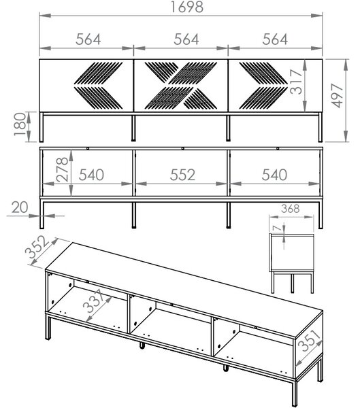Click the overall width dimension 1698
[x=186, y=7]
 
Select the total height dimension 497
[x=338, y=95]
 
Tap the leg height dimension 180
[x=20, y=124]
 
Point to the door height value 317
[x=296, y=82]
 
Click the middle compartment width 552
[x=182, y=175]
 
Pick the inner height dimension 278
[x=62, y=169]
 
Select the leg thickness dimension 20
[x=20, y=207]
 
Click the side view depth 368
[x=291, y=209]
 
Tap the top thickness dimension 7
[x=277, y=228]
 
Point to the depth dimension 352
[x=37, y=247]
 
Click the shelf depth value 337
[x=94, y=301]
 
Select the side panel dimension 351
[x=309, y=340]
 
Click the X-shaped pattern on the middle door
[x=181, y=86]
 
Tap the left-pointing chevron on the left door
[x=98, y=86]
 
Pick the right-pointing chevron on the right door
[x=263, y=86]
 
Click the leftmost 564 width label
[x=88, y=39]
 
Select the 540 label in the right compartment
[x=274, y=175]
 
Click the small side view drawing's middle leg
[x=292, y=283]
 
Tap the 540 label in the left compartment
[x=91, y=175]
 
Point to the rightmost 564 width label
[x=275, y=39]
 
